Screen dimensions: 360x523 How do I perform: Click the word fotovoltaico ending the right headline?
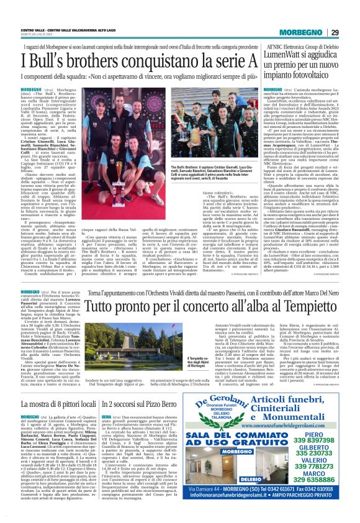click(x=310, y=79)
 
